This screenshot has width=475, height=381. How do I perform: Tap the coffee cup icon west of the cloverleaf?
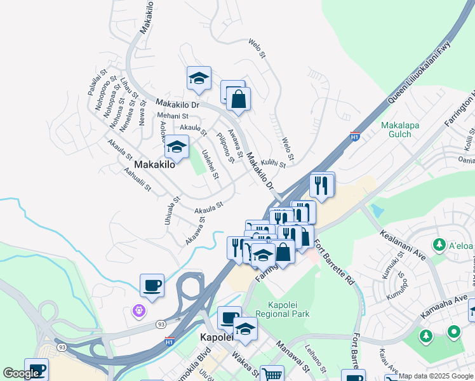tap(152, 285)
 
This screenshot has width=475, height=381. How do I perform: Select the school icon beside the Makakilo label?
tap(177, 148)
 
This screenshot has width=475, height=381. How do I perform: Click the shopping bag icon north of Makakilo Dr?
tap(238, 99)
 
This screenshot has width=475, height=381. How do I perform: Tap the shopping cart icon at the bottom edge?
tap(272, 375)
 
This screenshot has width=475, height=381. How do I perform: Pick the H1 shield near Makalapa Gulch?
tap(356, 136)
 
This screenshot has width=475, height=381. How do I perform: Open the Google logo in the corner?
tap(21, 373)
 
